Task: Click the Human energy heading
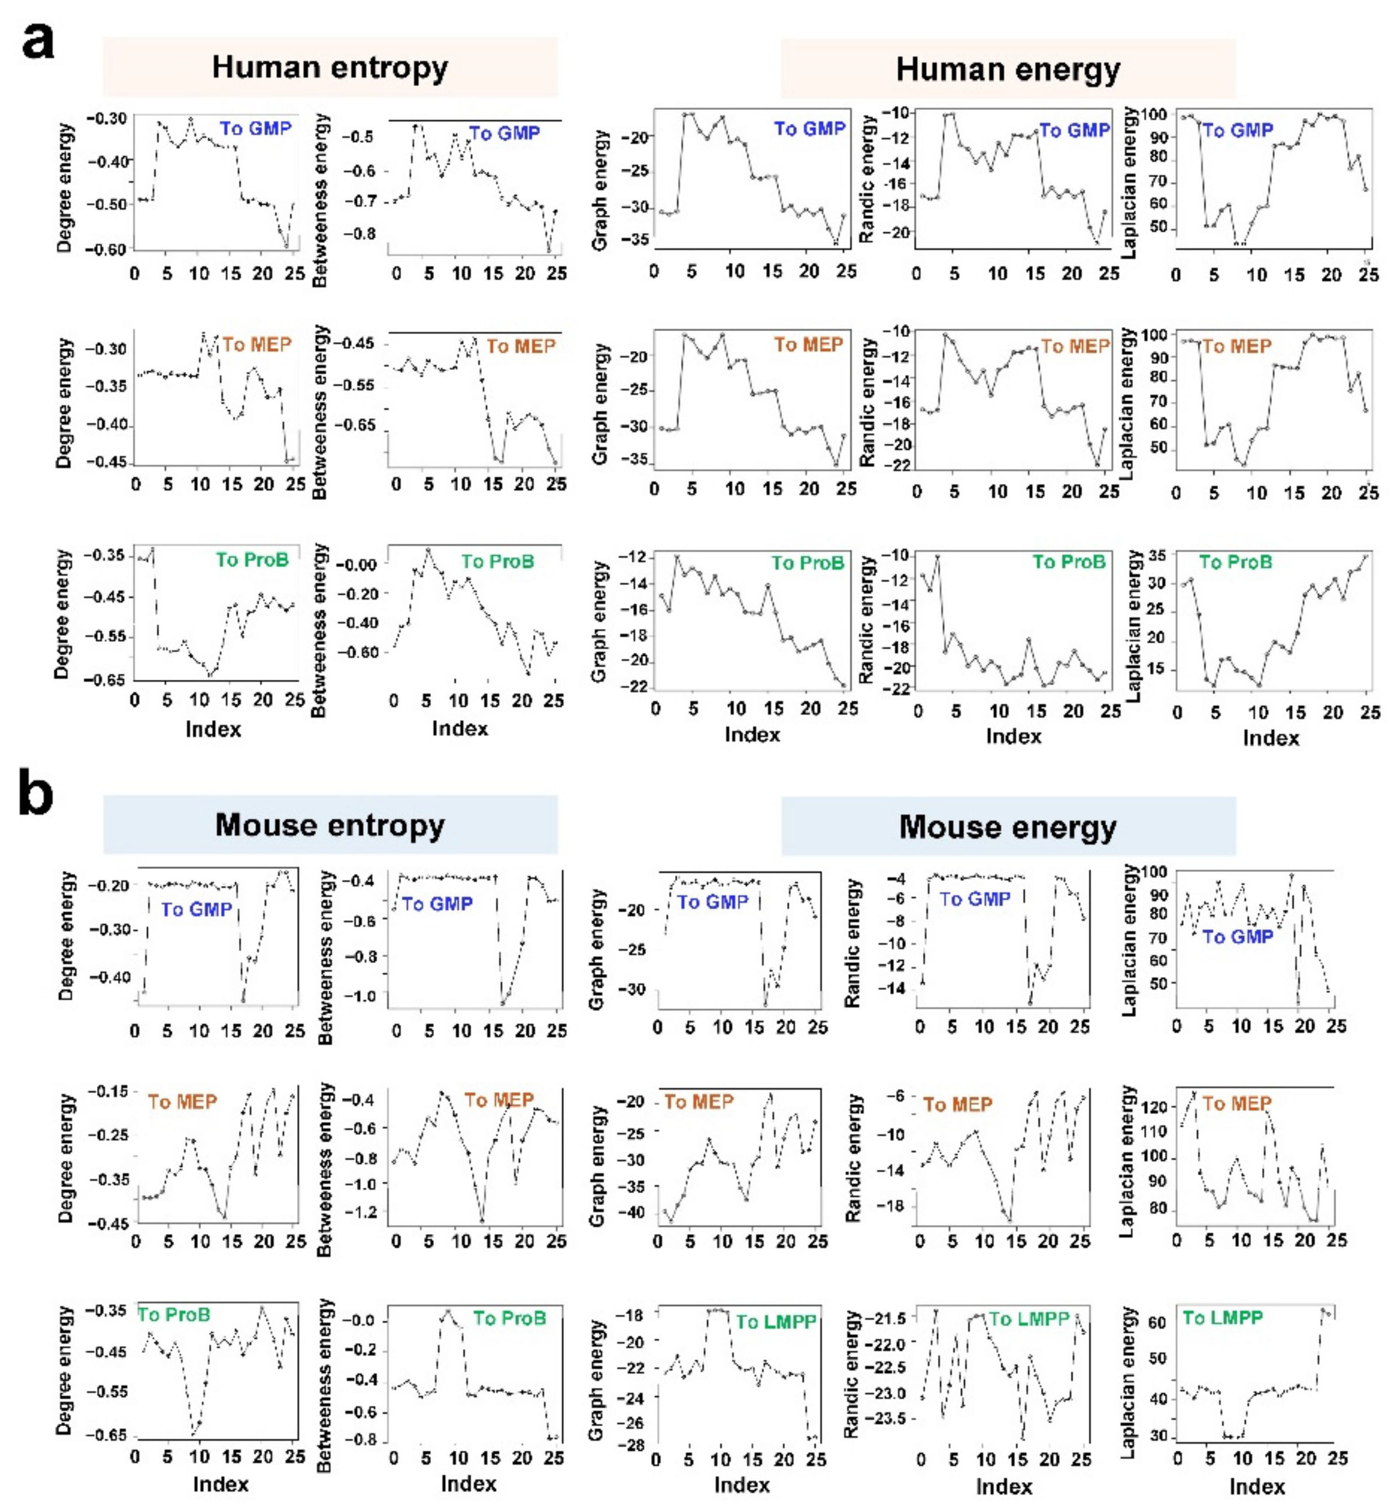click(x=1008, y=69)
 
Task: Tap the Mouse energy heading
click(x=1008, y=827)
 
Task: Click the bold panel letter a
click(x=38, y=41)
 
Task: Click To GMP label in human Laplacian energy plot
click(x=1237, y=131)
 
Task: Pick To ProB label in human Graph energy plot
click(x=807, y=563)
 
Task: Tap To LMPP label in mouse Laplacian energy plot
click(x=1222, y=1318)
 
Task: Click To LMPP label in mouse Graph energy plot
click(x=776, y=1321)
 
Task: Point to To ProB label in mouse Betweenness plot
click(x=509, y=1318)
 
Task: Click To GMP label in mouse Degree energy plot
click(x=196, y=909)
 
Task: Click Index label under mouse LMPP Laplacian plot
click(x=1257, y=1486)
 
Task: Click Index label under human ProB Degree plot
click(x=214, y=729)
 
